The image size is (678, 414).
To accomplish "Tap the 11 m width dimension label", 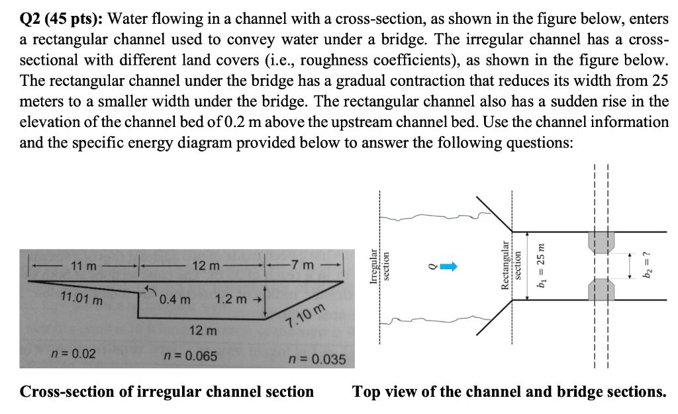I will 83,266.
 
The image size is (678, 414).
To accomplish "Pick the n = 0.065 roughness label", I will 191,356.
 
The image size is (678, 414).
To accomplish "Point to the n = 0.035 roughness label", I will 318,360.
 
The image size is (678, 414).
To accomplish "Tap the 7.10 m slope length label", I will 307,317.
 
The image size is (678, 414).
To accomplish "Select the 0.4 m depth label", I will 175,299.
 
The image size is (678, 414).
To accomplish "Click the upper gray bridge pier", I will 602,242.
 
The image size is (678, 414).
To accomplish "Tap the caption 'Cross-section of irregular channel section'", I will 167,392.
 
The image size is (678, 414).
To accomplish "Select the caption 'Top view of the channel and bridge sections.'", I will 509,392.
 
